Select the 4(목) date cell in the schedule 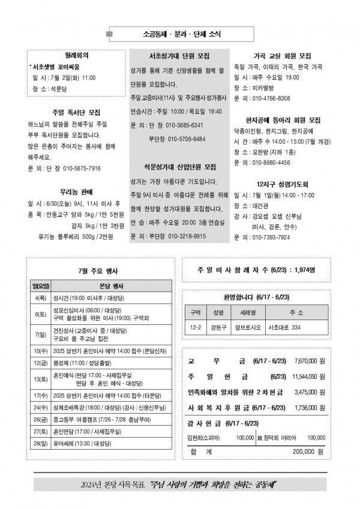coord(41,297)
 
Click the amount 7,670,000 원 coord(310,362)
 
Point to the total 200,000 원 coord(308,451)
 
